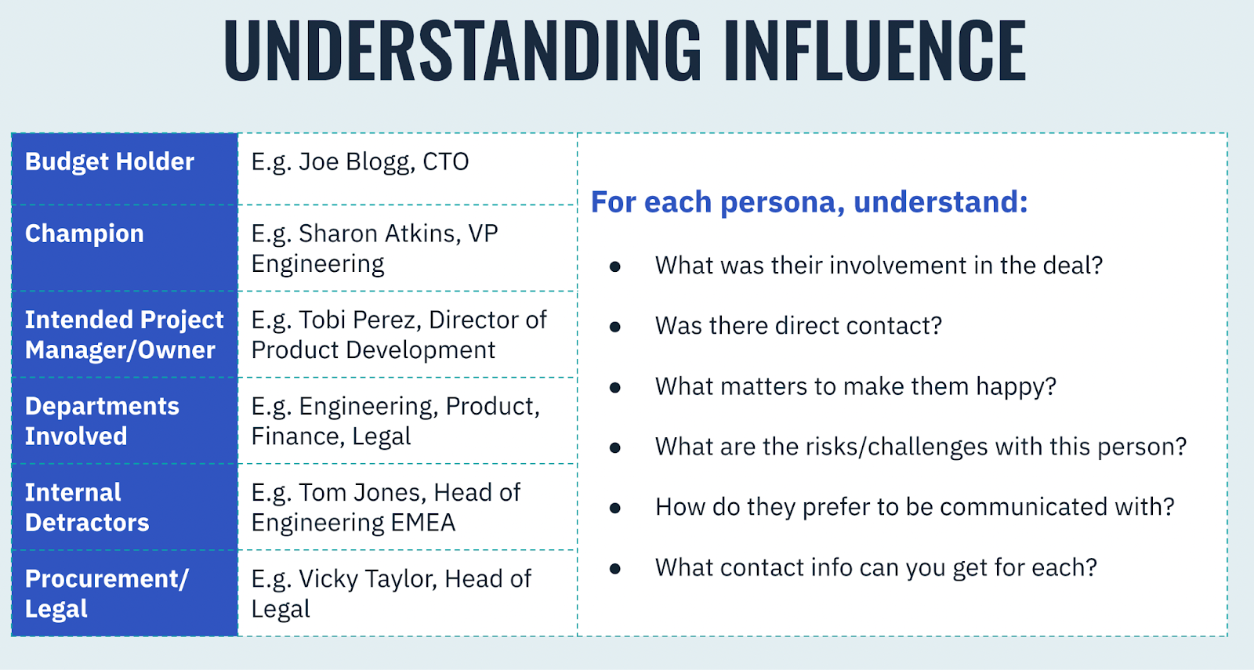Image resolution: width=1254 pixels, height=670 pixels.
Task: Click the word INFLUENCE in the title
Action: click(x=875, y=49)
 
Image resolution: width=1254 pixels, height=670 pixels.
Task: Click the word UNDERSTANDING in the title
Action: click(x=462, y=49)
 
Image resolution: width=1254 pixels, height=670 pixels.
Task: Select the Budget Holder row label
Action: click(x=110, y=161)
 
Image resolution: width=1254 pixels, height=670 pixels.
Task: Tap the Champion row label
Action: click(x=85, y=234)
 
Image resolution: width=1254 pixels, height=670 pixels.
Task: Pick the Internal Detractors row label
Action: click(x=87, y=507)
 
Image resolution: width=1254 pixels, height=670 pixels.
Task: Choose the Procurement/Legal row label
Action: click(x=107, y=593)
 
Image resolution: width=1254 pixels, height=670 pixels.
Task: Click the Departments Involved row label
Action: click(x=102, y=421)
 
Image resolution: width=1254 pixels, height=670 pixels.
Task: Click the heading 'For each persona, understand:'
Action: click(x=810, y=201)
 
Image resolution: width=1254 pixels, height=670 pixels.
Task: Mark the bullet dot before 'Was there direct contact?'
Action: click(x=615, y=326)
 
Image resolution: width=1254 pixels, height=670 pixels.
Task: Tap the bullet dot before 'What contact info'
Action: click(x=615, y=569)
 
